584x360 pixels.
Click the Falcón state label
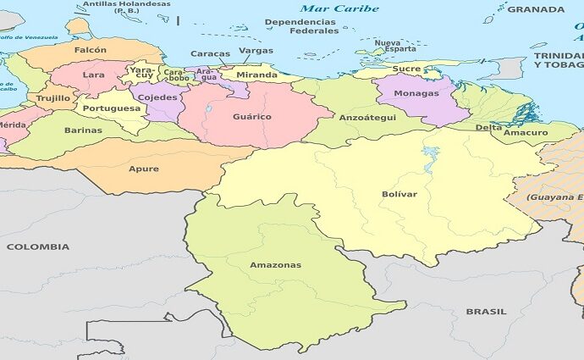pyautogui.click(x=91, y=50)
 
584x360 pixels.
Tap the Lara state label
pyautogui.click(x=93, y=75)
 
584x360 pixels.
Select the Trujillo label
pyautogui.click(x=53, y=98)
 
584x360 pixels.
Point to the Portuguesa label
pyautogui.click(x=111, y=108)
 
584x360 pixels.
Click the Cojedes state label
pyautogui.click(x=157, y=97)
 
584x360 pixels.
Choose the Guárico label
pyautogui.click(x=252, y=116)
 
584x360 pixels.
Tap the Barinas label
pyautogui.click(x=83, y=130)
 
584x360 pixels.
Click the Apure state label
pyautogui.click(x=143, y=169)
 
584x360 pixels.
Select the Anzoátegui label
pyautogui.click(x=367, y=118)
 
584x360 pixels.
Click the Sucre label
pyautogui.click(x=406, y=69)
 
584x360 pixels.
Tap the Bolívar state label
pyautogui.click(x=399, y=195)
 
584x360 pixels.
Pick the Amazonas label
pyautogui.click(x=275, y=265)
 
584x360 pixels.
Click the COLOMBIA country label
pyautogui.click(x=38, y=246)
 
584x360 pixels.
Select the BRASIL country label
pyautogui.click(x=487, y=312)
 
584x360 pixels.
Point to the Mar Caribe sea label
pyautogui.click(x=344, y=8)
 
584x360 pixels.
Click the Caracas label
pyautogui.click(x=210, y=54)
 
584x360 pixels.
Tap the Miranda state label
pyautogui.click(x=256, y=75)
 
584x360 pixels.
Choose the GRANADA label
pyautogui.click(x=536, y=9)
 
